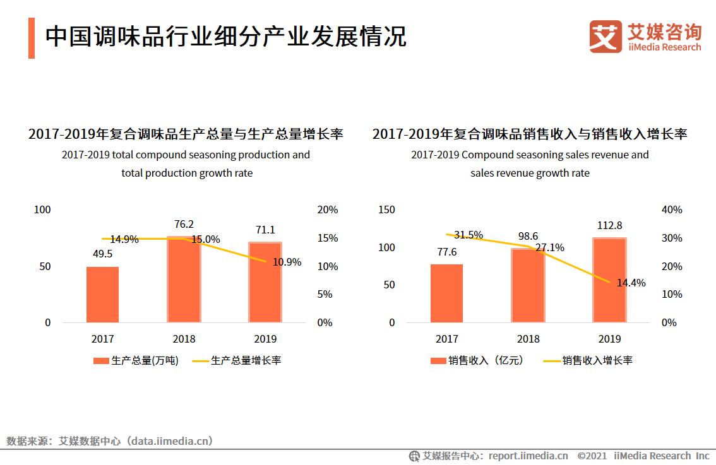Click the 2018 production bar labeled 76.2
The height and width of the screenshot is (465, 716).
coord(184,280)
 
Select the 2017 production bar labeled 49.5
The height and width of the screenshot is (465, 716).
coord(102,295)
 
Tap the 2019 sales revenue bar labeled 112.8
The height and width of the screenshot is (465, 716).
coord(609,280)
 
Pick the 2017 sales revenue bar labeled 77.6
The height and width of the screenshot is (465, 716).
coord(446,293)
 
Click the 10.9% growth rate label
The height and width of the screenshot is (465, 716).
coord(287,262)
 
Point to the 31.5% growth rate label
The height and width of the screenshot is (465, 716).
coord(468,235)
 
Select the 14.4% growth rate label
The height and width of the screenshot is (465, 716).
coord(631,283)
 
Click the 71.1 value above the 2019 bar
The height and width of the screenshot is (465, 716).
coord(265,230)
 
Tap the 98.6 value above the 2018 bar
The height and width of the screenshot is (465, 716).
coord(528,236)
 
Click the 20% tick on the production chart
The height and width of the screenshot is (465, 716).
coord(327,209)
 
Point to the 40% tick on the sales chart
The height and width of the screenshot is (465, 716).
coord(671,209)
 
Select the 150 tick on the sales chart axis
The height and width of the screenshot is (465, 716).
coord(386,209)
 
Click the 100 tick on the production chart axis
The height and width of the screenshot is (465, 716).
coord(42,209)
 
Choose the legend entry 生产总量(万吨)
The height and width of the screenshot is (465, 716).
coord(136,361)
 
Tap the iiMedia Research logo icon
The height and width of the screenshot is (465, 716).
coord(606,37)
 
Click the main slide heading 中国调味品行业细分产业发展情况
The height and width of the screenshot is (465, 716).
coord(225,37)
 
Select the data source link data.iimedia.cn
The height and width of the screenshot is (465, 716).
coord(170,441)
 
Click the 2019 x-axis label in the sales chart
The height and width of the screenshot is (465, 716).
coord(609,339)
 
